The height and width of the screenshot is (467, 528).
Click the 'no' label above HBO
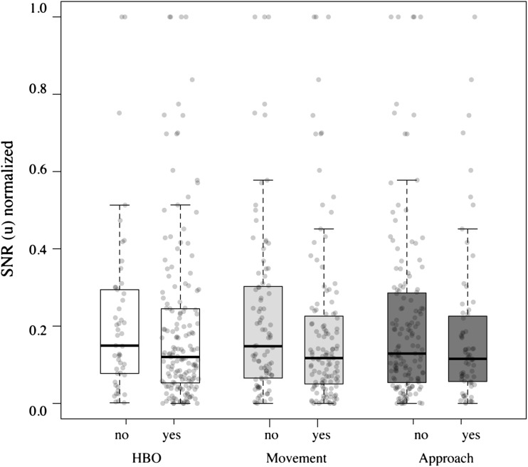(x=120, y=432)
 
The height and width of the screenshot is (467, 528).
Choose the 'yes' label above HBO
(x=180, y=432)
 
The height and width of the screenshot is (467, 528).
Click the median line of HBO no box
(x=120, y=345)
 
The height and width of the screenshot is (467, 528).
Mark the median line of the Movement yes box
(x=324, y=358)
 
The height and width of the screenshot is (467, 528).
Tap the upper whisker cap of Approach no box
(x=407, y=181)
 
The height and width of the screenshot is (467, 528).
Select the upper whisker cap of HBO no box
(x=120, y=205)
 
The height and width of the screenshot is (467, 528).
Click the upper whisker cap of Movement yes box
(x=324, y=229)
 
